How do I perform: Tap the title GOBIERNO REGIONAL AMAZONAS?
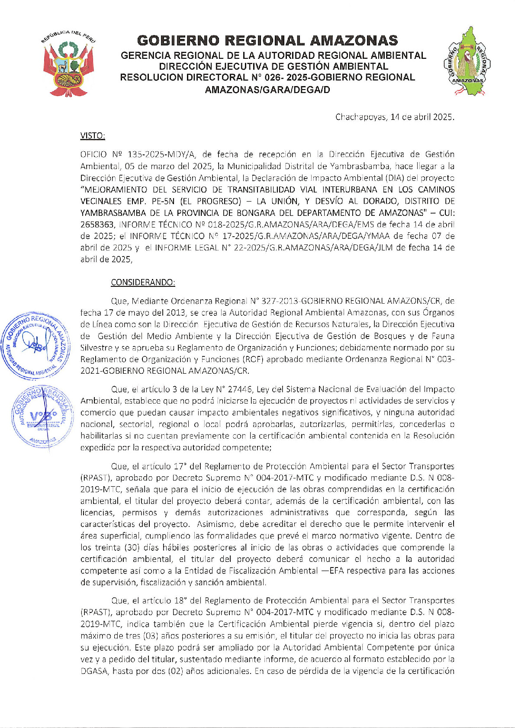click(x=267, y=41)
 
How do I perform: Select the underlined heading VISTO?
click(x=93, y=136)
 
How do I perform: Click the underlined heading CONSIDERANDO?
click(x=143, y=282)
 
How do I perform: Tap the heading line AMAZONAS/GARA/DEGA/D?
click(x=267, y=90)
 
